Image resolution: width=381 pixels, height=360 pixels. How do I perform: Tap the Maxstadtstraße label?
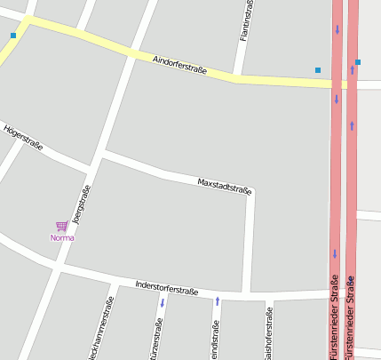coord(224,186)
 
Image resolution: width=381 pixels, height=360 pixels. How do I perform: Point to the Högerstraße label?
coord(23,138)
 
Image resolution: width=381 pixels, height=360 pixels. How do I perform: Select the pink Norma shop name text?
coord(62,237)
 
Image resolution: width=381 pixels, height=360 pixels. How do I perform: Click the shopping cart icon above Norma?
coord(61,227)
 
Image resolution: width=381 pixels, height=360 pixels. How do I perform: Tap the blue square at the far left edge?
coord(13,36)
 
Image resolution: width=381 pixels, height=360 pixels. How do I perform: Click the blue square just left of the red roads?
coord(318,69)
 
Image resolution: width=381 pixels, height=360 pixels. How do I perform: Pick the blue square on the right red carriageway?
coord(357,62)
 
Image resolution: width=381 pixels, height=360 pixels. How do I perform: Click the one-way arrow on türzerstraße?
coord(163,303)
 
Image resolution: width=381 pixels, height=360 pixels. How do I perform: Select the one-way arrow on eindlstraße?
coord(218,301)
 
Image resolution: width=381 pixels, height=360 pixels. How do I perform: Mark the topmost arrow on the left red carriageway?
coord(337,29)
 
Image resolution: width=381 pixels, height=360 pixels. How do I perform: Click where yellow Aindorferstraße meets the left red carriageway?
coord(337,84)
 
